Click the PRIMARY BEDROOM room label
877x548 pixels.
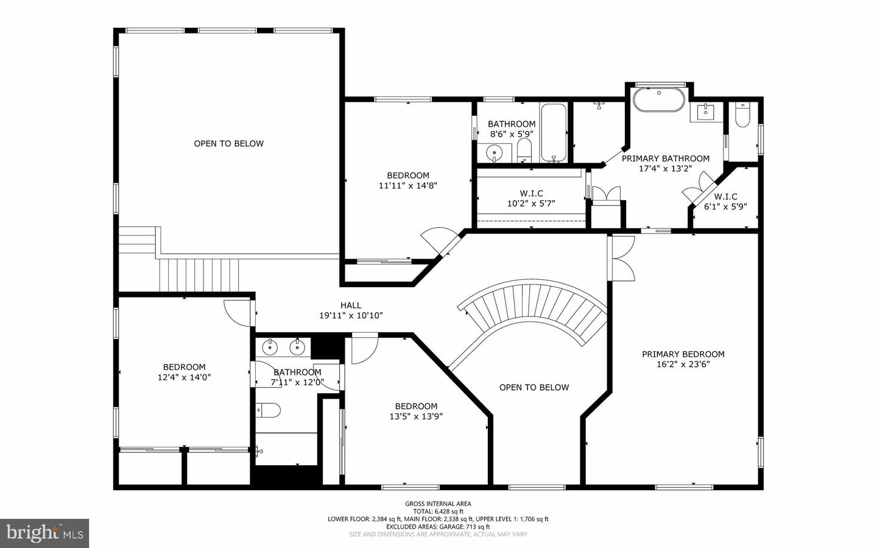click(x=683, y=354)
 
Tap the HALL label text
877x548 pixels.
click(x=351, y=305)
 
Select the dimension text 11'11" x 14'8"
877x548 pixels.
click(x=408, y=186)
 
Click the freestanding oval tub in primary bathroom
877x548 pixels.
click(x=659, y=101)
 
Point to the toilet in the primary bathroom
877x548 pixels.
click(x=741, y=116)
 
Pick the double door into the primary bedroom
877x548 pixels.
click(x=621, y=258)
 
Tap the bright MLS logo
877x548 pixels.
click(x=44, y=533)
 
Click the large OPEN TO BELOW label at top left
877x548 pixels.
click(x=229, y=144)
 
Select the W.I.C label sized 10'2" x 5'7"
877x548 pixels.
click(x=531, y=194)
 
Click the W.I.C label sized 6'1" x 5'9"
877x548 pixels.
click(x=725, y=197)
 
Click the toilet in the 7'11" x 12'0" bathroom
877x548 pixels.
click(x=269, y=410)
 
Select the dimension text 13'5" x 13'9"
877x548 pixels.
click(x=416, y=417)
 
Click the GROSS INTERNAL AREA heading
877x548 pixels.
click(x=438, y=504)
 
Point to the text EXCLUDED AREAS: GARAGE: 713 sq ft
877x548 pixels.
click(x=438, y=527)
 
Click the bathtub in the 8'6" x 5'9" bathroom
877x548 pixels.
click(x=554, y=133)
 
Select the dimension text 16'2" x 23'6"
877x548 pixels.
click(x=683, y=365)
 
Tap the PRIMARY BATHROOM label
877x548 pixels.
click(x=665, y=158)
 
